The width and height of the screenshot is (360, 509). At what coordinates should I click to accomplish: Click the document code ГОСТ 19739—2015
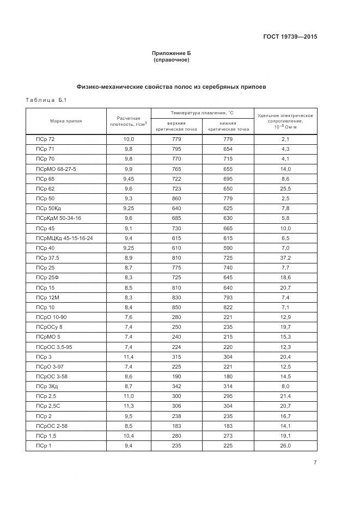[x=290, y=37]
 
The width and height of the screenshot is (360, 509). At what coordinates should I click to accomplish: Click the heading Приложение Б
[x=172, y=53]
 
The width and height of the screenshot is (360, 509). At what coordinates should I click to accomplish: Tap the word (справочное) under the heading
[x=172, y=60]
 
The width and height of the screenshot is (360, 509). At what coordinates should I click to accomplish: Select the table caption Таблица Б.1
[x=46, y=100]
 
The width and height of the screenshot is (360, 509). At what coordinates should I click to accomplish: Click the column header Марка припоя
[x=66, y=120]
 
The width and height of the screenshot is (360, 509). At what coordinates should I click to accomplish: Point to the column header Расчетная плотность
[x=129, y=121]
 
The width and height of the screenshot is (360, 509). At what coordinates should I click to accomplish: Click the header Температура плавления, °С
[x=202, y=113]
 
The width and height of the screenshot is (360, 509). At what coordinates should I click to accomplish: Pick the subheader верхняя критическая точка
[x=176, y=126]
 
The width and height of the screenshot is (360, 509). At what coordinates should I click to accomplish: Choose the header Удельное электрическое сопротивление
[x=285, y=121]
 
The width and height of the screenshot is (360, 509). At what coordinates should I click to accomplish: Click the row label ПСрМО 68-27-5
[x=56, y=169]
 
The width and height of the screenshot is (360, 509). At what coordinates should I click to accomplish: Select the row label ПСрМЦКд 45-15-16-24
[x=64, y=238]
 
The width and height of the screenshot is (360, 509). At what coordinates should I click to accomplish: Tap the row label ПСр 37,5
[x=47, y=257]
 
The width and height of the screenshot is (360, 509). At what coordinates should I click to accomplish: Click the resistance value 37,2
[x=285, y=257]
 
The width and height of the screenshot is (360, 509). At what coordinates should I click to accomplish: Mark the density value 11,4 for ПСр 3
[x=129, y=357]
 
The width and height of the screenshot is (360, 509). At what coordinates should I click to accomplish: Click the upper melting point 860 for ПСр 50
[x=176, y=198]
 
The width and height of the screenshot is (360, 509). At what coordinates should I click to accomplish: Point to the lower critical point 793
[x=228, y=297]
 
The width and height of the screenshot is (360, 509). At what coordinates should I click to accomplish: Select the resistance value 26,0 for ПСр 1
[x=285, y=446]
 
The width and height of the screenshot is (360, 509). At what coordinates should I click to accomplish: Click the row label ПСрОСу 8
[x=50, y=327]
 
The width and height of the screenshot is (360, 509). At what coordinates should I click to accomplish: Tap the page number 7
[x=315, y=463]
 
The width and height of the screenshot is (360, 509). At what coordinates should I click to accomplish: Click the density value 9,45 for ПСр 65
[x=129, y=179]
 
